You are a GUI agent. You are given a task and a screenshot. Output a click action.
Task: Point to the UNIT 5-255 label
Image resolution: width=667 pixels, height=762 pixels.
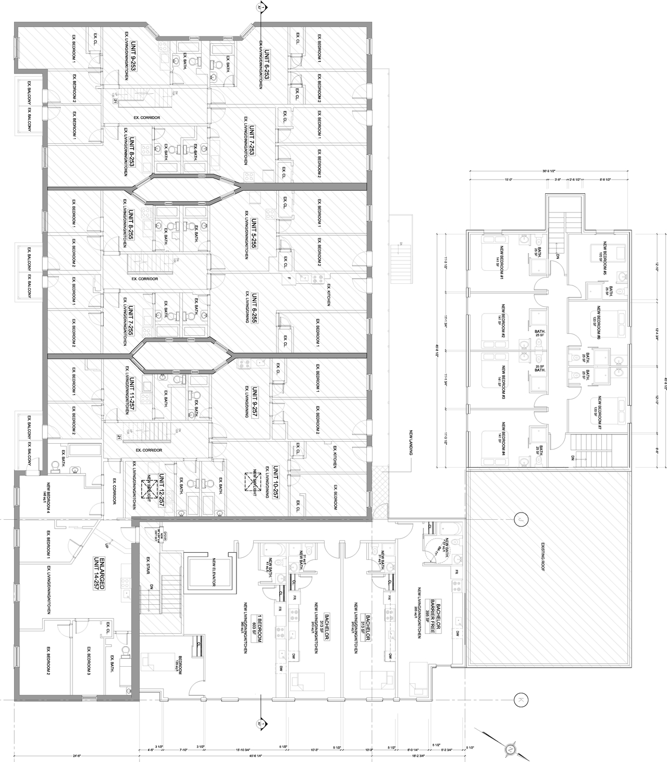tap(254, 233)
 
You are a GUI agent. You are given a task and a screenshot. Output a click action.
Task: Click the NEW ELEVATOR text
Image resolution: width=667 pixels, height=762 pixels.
tap(214, 572)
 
